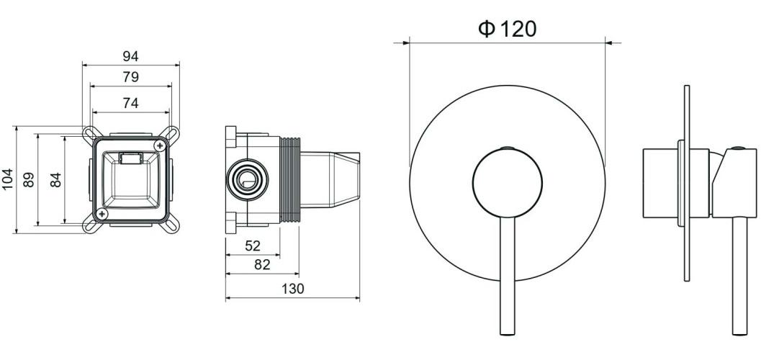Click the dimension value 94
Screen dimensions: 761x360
click(130, 56)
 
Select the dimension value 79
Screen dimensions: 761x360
click(130, 77)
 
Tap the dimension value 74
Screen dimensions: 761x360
click(130, 103)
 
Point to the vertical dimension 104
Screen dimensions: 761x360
click(8, 179)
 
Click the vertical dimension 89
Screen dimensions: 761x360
click(29, 180)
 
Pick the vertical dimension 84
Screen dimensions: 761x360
click(56, 180)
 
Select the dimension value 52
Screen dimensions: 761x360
click(253, 246)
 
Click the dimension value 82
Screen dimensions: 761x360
click(262, 265)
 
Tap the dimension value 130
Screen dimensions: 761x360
click(292, 289)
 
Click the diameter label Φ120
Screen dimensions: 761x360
click(507, 29)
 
